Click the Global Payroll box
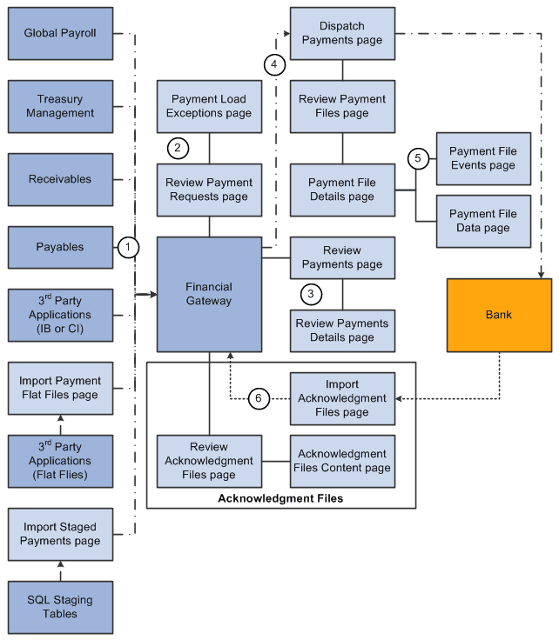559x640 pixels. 60,33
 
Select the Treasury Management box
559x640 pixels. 60,106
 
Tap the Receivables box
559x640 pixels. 60,179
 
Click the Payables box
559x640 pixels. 60,247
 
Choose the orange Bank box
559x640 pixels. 499,315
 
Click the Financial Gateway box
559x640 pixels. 209,294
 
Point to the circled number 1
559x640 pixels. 128,248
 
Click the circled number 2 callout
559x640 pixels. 178,148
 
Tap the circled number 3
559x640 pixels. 311,293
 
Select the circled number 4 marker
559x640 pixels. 274,64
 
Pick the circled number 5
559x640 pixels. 418,158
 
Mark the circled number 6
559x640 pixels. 257,398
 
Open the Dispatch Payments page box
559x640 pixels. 342,33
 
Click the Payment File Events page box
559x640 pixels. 482,158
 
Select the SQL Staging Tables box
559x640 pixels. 60,607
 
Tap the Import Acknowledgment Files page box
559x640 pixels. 342,398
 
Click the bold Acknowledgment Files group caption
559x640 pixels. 281,498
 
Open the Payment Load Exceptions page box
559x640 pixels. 210,106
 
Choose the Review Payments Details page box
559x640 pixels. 342,330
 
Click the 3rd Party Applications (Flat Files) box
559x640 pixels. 60,461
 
